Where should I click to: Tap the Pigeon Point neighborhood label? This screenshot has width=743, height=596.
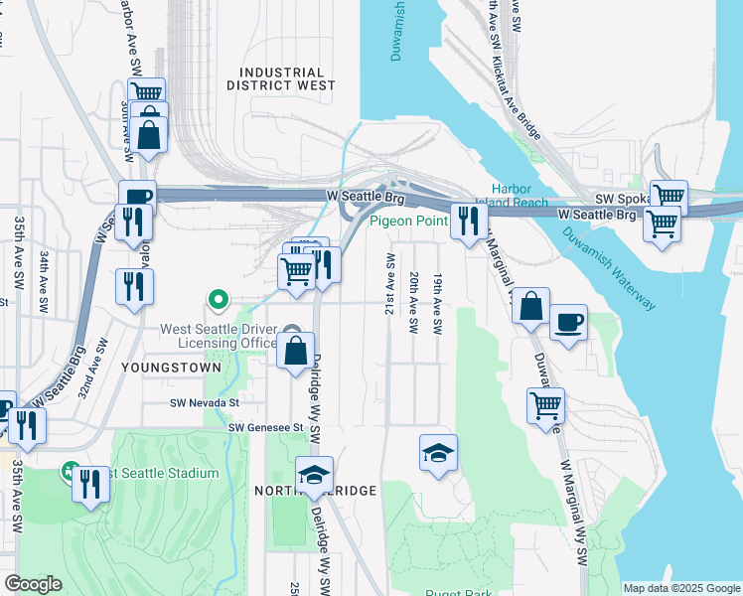409,221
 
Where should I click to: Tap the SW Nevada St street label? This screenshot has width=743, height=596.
205,403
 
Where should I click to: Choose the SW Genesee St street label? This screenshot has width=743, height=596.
263,427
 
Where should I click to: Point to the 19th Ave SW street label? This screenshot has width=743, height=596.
436,301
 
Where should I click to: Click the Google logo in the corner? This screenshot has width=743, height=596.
33,584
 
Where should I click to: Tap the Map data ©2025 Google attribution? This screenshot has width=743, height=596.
680,588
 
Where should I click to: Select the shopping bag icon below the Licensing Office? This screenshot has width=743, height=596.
296,351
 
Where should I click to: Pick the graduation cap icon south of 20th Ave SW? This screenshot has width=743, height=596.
438,453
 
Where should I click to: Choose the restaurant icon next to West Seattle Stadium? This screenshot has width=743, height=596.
90,485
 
